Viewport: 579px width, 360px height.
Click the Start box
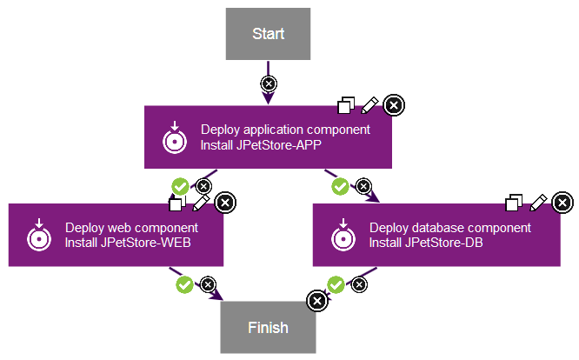[x=269, y=34]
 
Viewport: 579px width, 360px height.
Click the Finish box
[x=268, y=328]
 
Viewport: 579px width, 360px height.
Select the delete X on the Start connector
[x=269, y=84]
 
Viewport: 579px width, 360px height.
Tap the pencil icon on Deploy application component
[x=369, y=105]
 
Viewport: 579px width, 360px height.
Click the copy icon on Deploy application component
[x=346, y=106]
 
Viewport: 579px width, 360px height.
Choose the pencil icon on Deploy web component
[x=201, y=203]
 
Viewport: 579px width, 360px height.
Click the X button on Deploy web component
[x=224, y=203]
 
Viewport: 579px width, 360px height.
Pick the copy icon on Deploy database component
[x=515, y=203]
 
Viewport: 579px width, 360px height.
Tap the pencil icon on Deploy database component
[x=539, y=203]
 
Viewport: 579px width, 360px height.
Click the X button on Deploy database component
[x=563, y=203]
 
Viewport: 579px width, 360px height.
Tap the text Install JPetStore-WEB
[x=128, y=243]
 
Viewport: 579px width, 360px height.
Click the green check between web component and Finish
[x=184, y=283]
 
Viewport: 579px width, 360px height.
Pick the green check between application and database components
[x=341, y=186]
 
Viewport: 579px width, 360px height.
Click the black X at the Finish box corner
[x=317, y=300]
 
